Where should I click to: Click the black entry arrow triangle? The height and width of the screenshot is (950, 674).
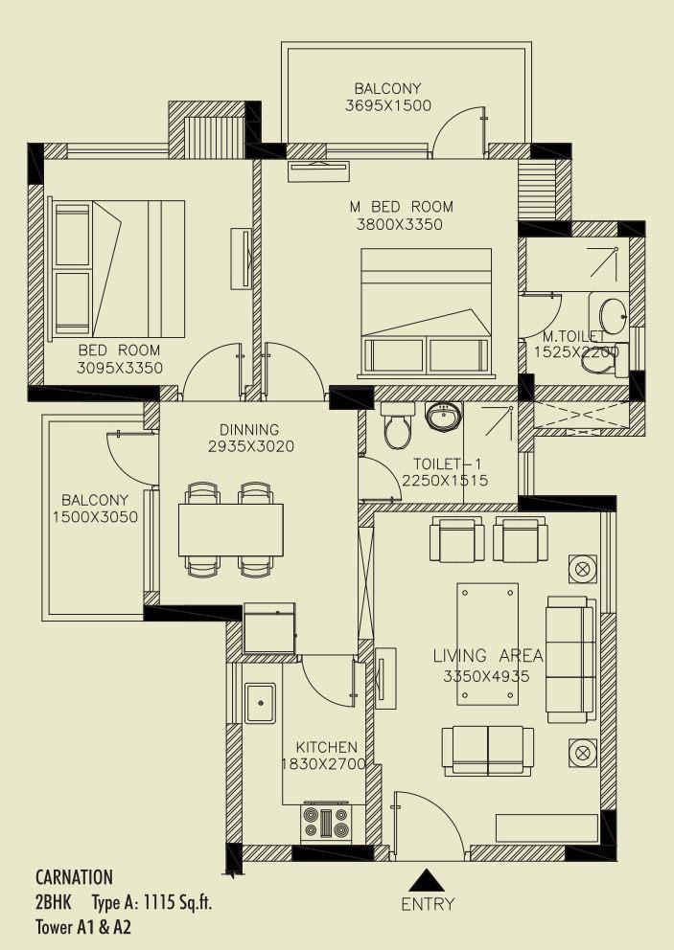[428, 879]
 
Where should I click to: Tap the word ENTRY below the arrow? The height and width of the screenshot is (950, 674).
[428, 904]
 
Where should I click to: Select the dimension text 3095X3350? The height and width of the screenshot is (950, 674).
[121, 369]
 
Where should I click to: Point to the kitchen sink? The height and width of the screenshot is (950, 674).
[260, 703]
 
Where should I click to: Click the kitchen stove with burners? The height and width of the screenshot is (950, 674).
[327, 823]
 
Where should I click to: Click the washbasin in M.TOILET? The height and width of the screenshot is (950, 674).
[611, 313]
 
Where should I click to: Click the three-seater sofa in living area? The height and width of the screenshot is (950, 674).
[570, 660]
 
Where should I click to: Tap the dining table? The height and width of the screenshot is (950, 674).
[231, 530]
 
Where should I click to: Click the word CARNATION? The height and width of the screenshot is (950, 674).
[74, 877]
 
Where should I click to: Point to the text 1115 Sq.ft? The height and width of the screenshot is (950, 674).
[176, 902]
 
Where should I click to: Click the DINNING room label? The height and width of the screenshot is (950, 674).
[249, 430]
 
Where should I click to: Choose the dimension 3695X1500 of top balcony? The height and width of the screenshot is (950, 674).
[388, 106]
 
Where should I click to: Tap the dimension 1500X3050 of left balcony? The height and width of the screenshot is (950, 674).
[95, 517]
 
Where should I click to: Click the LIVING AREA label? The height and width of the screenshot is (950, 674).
[488, 657]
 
